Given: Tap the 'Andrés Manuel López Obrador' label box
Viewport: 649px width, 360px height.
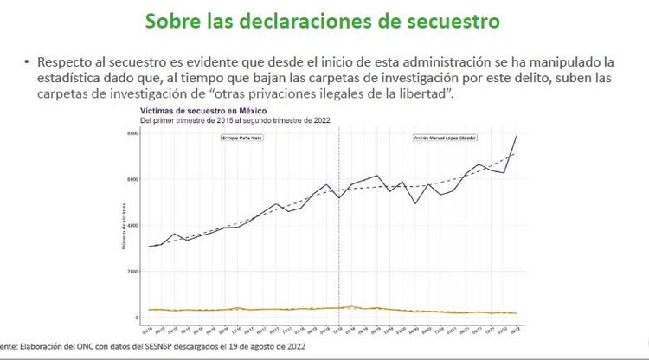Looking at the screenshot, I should [x=447, y=138].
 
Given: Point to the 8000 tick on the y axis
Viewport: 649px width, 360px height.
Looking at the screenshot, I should [x=133, y=134].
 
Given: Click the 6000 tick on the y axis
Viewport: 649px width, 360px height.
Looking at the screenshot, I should [x=133, y=180].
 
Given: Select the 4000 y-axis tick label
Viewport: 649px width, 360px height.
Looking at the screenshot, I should [x=133, y=226].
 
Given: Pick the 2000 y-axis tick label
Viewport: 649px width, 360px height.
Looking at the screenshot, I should [x=133, y=272].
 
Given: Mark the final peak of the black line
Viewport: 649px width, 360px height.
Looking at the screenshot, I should [x=517, y=136].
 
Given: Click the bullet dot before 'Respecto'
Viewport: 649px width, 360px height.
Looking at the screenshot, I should [x=27, y=63].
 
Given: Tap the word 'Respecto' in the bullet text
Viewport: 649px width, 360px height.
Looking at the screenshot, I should [x=65, y=63].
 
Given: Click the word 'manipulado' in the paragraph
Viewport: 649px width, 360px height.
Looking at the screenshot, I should [x=548, y=63].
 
